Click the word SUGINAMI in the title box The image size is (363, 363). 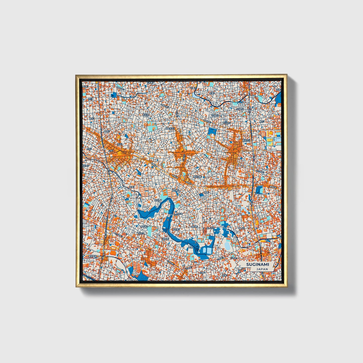point(257,264)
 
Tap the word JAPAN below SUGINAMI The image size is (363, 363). point(262,269)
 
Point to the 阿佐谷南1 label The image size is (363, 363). point(197,177)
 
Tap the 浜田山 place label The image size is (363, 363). point(141,233)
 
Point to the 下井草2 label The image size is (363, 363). point(150,83)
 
